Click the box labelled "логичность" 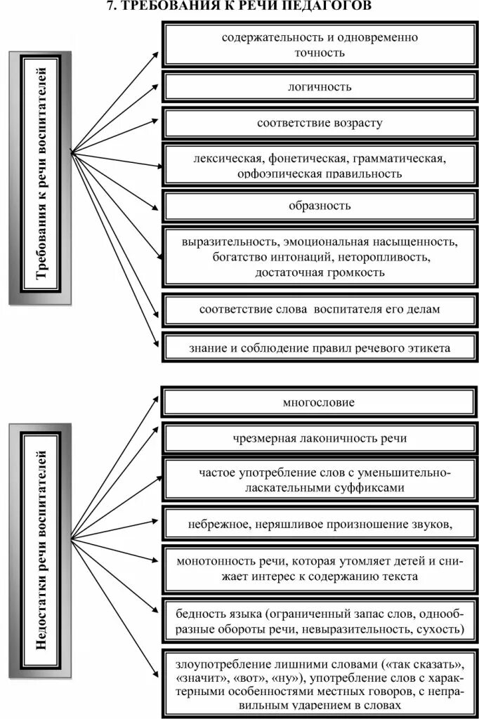[x=320, y=87]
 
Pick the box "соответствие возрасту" [x=320, y=124]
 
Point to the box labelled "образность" [x=320, y=206]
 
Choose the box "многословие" [x=319, y=403]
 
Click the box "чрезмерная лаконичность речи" [x=319, y=438]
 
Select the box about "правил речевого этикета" [x=320, y=348]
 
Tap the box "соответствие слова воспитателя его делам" [x=320, y=310]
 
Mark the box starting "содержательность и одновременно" [x=320, y=44]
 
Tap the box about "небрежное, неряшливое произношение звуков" [x=320, y=524]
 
